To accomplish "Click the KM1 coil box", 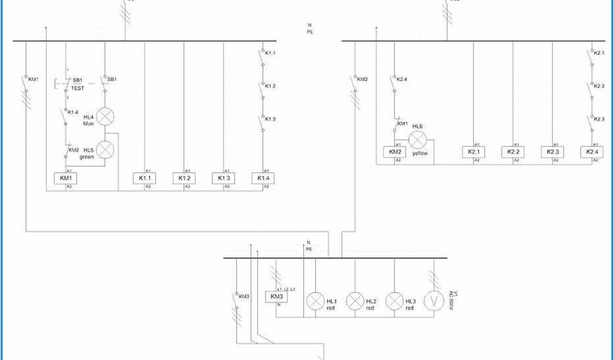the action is click(65, 178).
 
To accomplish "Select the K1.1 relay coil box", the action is click(145, 178).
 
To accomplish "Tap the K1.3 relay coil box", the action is click(224, 178).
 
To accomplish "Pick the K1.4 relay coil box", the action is click(263, 178).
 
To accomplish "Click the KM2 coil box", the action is click(395, 152).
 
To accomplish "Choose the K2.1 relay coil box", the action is click(474, 152).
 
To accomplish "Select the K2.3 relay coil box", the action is click(553, 152).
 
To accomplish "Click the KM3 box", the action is click(276, 297).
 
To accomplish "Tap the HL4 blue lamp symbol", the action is click(106, 117).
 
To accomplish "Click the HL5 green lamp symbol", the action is click(106, 149).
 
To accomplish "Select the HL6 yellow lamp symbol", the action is click(418, 140).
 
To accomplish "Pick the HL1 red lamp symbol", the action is click(315, 301).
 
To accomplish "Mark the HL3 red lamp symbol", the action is click(395, 301).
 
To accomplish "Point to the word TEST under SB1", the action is click(78, 88).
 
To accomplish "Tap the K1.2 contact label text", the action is click(270, 86).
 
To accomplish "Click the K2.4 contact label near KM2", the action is click(401, 79).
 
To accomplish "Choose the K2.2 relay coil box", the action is click(513, 152).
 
